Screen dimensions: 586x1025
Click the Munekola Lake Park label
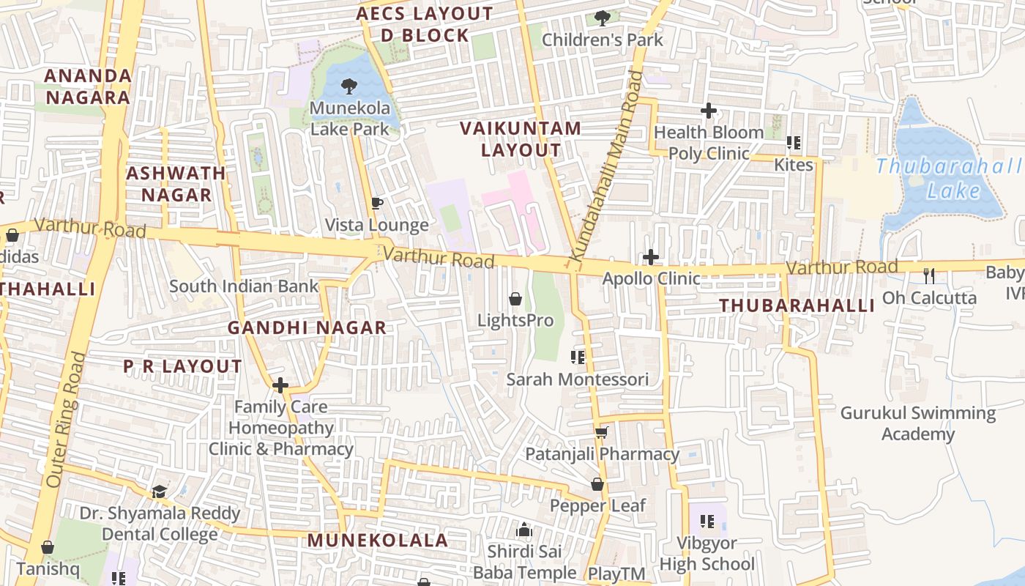tap(350, 119)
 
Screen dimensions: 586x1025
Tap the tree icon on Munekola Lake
tap(349, 86)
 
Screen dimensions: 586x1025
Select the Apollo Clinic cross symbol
tap(650, 257)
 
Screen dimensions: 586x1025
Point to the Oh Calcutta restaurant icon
tap(929, 275)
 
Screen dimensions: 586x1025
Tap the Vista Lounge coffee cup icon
tap(377, 203)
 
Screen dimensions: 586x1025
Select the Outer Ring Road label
tap(66, 420)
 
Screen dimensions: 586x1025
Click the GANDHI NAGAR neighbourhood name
tap(307, 327)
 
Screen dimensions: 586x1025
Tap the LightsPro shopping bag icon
tap(515, 299)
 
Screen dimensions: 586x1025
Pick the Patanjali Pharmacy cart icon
tap(602, 432)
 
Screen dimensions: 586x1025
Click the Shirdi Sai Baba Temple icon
tap(524, 530)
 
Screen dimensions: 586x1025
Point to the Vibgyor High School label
tap(707, 554)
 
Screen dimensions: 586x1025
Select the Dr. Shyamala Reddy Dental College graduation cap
tap(160, 492)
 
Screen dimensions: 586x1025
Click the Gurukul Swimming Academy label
tap(917, 423)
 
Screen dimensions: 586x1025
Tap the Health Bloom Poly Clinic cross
tap(708, 111)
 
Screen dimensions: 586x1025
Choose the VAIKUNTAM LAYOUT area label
tap(521, 139)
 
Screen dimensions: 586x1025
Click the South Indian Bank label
tap(244, 286)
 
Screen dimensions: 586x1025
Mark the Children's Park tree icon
tap(603, 18)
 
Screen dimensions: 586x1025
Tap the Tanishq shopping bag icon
tap(48, 547)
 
